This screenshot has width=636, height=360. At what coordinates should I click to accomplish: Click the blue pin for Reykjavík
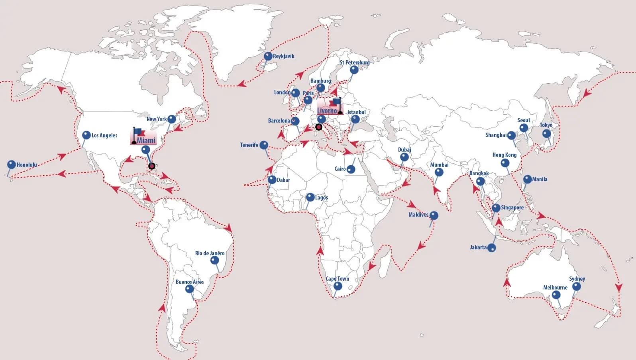pyautogui.click(x=268, y=57)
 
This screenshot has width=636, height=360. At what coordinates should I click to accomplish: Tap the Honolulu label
pyautogui.click(x=27, y=164)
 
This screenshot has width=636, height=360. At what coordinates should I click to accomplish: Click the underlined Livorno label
pyautogui.click(x=327, y=111)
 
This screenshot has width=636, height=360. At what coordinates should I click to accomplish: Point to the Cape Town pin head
pyautogui.click(x=338, y=286)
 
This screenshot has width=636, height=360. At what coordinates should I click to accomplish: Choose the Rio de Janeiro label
pyautogui.click(x=210, y=253)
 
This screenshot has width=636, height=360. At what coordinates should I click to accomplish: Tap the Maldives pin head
pyautogui.click(x=434, y=215)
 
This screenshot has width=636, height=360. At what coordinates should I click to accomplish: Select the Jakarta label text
pyautogui.click(x=478, y=247)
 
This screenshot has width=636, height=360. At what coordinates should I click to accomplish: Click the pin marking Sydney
pyautogui.click(x=576, y=286)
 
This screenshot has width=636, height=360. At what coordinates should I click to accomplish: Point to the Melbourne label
pyautogui.click(x=555, y=288)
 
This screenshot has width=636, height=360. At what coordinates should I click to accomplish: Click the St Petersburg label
pyautogui.click(x=354, y=63)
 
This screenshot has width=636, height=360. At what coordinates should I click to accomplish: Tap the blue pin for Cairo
pyautogui.click(x=351, y=169)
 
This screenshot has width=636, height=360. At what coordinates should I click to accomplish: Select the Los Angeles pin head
pyautogui.click(x=86, y=135)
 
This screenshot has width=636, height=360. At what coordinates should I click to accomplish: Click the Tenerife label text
pyautogui.click(x=249, y=145)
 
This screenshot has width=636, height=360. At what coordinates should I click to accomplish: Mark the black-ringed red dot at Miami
pyautogui.click(x=151, y=166)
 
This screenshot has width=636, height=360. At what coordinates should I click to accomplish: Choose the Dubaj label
pyautogui.click(x=404, y=150)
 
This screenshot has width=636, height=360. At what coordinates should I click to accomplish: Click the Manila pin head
pyautogui.click(x=527, y=179)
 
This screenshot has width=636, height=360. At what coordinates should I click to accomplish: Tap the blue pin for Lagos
pyautogui.click(x=310, y=197)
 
